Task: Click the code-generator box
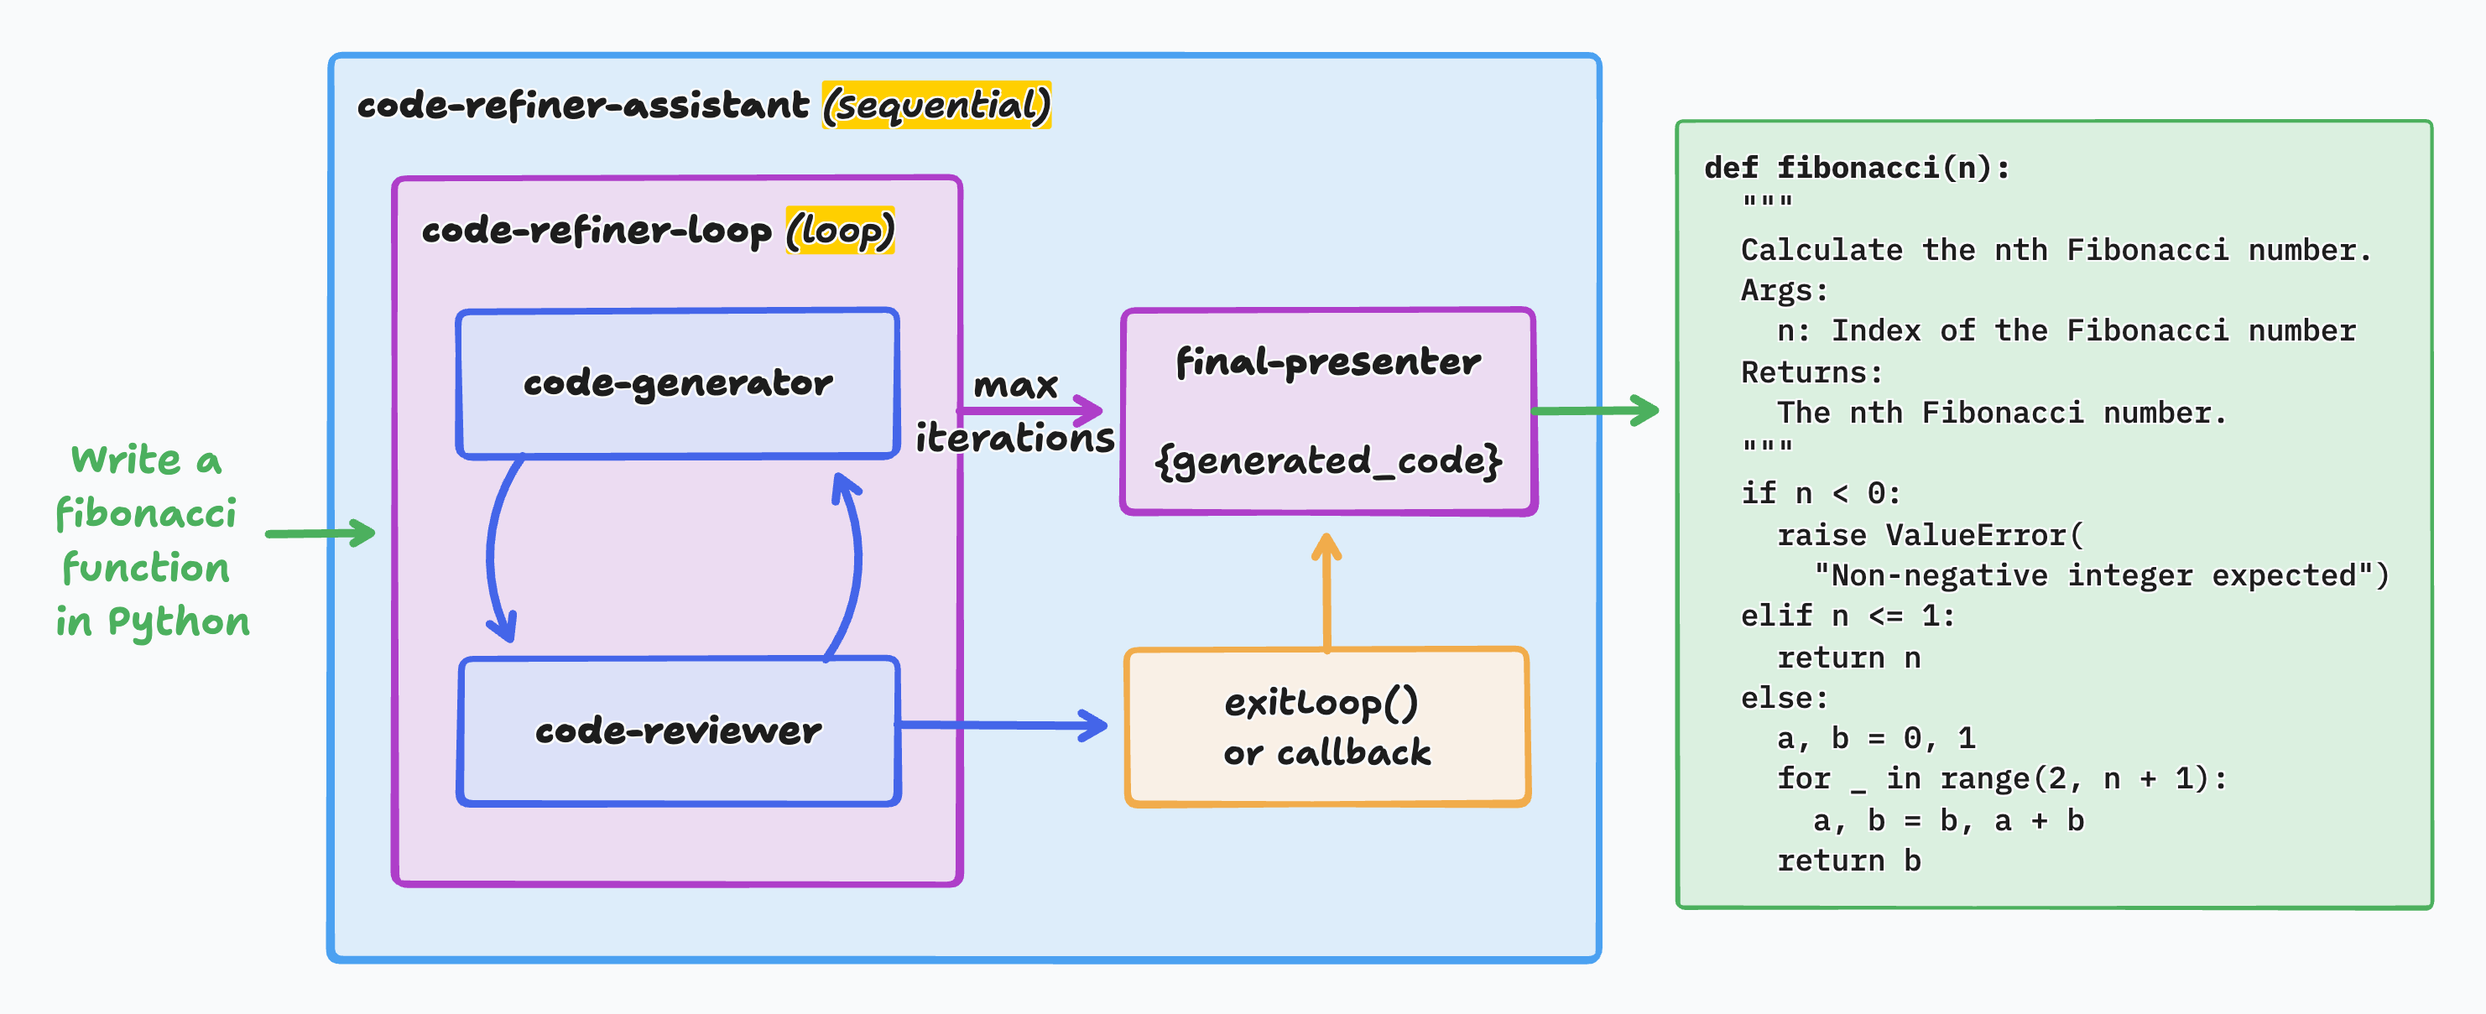pos(677,383)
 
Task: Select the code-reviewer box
pos(680,731)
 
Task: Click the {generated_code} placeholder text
pos(1328,461)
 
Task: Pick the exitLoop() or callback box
pos(1328,726)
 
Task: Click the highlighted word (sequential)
pos(936,105)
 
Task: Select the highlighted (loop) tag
pos(841,231)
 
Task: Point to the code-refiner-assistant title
pos(583,104)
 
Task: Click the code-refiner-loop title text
pos(597,231)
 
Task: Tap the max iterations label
pos(1015,412)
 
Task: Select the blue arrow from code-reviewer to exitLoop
pos(1002,725)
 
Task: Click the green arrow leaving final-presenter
pos(1595,410)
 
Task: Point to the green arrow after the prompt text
pos(321,533)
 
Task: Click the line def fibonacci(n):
pos(1858,168)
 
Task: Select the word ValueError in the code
pos(1977,534)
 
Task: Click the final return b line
pos(1849,861)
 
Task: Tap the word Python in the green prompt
pos(179,623)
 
